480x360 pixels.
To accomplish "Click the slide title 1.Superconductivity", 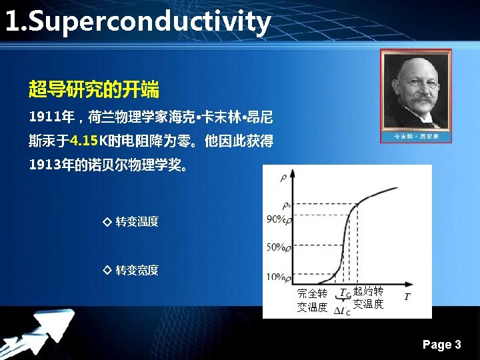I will coord(137,22).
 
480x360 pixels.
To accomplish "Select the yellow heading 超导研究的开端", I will coord(93,89).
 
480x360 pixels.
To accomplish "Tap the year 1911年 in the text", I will coord(51,117).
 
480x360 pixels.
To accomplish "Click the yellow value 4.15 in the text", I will coord(83,141).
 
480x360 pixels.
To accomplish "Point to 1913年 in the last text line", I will coord(51,165).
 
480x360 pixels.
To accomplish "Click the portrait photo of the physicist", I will coord(415,91).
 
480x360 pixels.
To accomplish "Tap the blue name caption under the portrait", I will coord(415,137).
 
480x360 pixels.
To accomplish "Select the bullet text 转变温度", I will coord(137,221).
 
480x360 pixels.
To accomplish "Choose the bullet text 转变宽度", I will coord(137,270).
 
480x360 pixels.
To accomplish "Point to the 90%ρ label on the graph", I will coord(278,219).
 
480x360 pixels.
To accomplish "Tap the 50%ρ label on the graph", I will coord(278,247).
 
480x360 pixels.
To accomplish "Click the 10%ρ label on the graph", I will coord(278,277).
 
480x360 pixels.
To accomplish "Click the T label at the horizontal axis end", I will coord(407,296).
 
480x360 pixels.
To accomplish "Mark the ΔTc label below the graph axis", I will coord(343,310).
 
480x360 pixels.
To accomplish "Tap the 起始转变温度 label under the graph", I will coord(368,298).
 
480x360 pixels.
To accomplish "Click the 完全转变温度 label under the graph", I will coord(312,301).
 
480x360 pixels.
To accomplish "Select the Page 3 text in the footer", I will coord(441,345).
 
